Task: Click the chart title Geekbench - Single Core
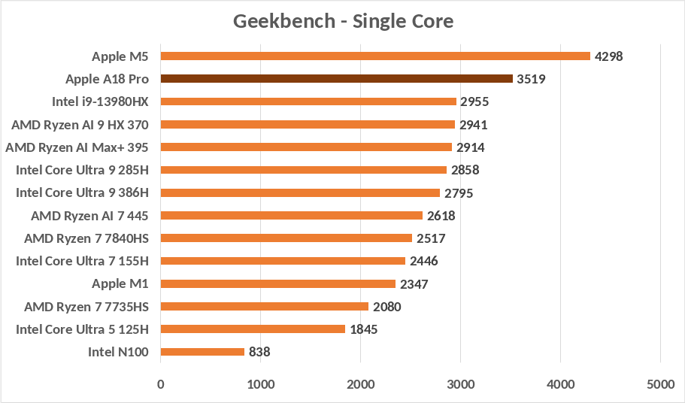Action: (x=343, y=21)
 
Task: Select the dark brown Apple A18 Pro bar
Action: (x=336, y=79)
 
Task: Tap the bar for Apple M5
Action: (x=375, y=56)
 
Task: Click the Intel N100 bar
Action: (x=202, y=351)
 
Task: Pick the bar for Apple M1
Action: (x=277, y=283)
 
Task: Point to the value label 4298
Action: (x=609, y=56)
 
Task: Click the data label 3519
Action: (x=531, y=79)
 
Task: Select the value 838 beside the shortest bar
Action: (x=259, y=352)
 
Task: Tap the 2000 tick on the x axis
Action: (x=360, y=384)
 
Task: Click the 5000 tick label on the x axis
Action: (x=659, y=384)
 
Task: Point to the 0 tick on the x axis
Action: (x=160, y=384)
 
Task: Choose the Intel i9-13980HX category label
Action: (x=100, y=102)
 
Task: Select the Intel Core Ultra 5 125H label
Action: (x=83, y=329)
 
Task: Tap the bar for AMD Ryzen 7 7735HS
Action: (x=264, y=306)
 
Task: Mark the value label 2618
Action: (x=441, y=216)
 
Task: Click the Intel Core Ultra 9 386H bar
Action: (x=300, y=192)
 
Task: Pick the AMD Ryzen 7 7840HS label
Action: (x=86, y=238)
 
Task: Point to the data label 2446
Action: (x=423, y=261)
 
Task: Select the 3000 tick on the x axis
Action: (x=460, y=384)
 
